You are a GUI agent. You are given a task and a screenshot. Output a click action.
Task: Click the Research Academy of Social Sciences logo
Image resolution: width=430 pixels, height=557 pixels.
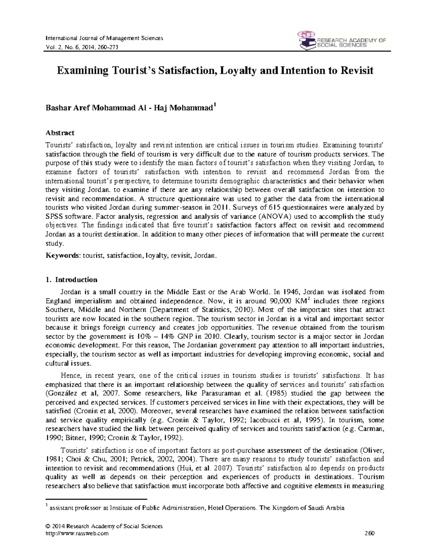(341, 40)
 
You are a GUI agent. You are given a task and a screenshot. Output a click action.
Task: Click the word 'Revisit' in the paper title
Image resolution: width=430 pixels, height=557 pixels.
(356, 70)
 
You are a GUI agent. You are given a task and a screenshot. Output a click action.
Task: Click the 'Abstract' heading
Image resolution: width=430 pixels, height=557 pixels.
(60, 133)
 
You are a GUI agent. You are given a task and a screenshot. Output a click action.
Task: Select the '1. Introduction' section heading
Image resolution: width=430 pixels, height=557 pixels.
(71, 279)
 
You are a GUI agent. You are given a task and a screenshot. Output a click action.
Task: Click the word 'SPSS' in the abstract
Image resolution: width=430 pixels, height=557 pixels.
(54, 217)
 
